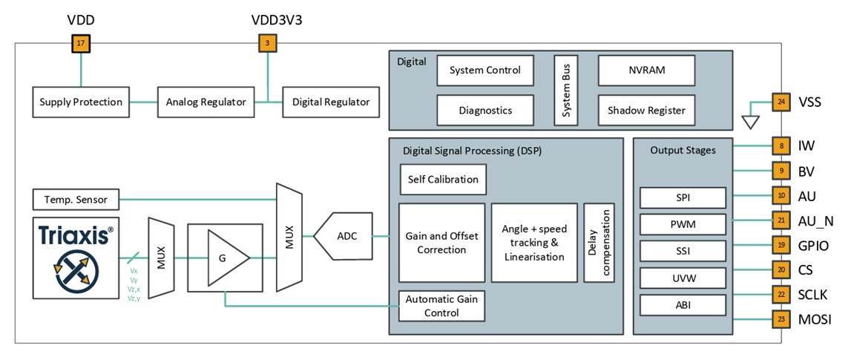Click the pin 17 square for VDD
coord(80,44)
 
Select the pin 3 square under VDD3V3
coord(266,44)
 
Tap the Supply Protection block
coord(81,102)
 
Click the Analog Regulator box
coord(203,102)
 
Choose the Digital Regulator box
coord(331,102)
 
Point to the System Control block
coord(485,71)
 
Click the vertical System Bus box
coord(565,90)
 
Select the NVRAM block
coord(646,71)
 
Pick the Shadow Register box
coord(646,110)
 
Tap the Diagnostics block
coord(485,110)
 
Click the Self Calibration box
coord(443,179)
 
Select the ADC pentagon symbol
coord(342,236)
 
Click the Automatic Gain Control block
coord(441,305)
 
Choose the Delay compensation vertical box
coord(599,243)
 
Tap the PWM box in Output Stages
coord(682,223)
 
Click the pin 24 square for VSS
coord(781,102)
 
